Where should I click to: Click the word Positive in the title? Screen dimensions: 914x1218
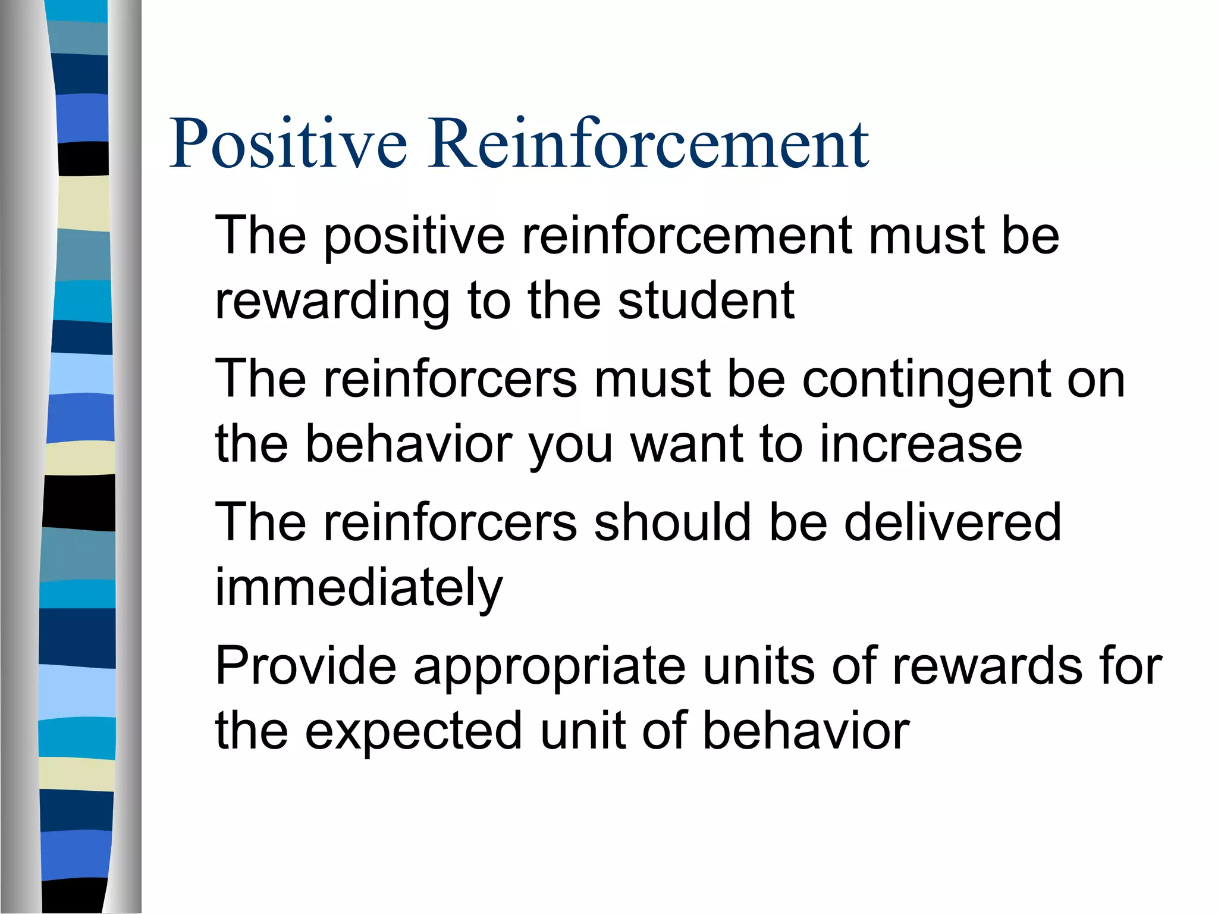pyautogui.click(x=288, y=143)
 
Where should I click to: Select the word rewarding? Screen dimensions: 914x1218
pyautogui.click(x=332, y=301)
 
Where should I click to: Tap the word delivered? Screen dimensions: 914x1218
pyautogui.click(x=952, y=522)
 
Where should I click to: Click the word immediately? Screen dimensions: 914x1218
pyautogui.click(x=359, y=588)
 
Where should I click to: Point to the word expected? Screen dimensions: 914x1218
pyautogui.click(x=413, y=731)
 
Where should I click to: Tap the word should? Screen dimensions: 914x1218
pyautogui.click(x=672, y=522)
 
